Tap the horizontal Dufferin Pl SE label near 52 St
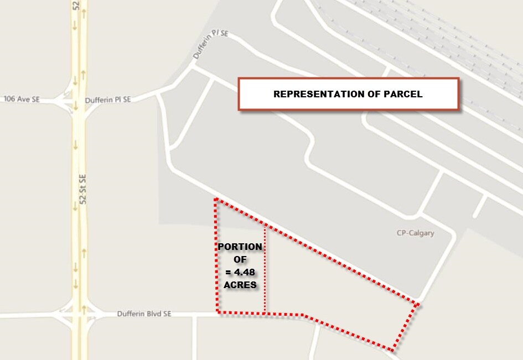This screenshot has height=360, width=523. [108, 100]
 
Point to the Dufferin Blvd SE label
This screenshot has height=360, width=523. [144, 314]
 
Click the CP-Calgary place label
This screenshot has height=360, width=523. [415, 233]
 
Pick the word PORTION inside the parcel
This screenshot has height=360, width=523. [240, 247]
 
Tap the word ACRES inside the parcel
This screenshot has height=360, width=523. [240, 285]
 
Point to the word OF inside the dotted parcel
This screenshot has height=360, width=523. [240, 259]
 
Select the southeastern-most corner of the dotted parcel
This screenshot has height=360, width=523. [392, 350]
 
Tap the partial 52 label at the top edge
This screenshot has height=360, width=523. [76, 6]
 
